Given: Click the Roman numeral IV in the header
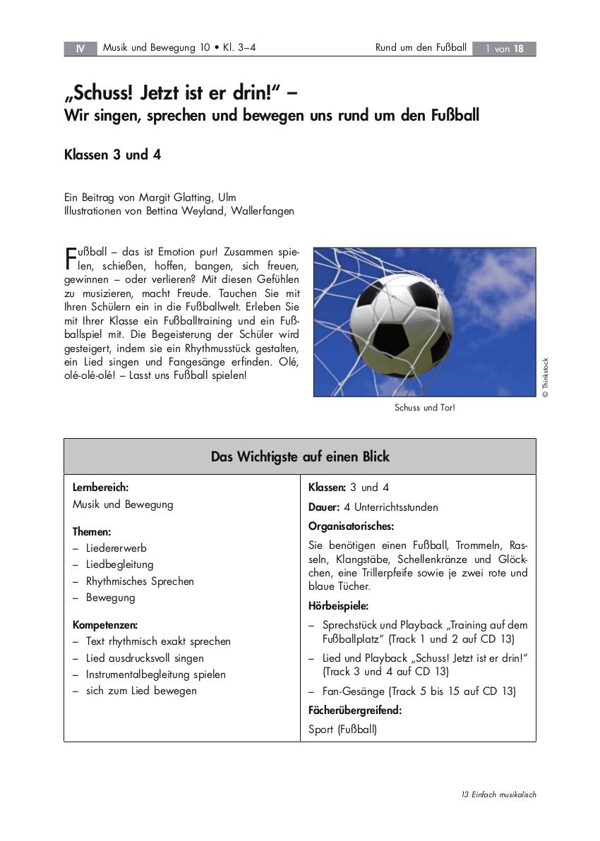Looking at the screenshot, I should [80, 49].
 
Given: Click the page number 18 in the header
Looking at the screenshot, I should [519, 49].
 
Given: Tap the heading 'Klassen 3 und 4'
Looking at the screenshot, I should [113, 155].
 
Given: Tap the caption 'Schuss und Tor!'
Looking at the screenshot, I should [424, 408].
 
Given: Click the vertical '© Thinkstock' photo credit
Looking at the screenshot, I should [545, 377].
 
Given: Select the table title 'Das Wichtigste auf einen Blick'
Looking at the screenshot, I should [300, 456].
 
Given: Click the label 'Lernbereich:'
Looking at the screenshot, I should [100, 488].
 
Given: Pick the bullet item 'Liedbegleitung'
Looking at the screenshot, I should [119, 564].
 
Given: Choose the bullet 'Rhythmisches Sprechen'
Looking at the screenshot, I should [140, 581].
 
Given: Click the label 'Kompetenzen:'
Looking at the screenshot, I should [105, 624].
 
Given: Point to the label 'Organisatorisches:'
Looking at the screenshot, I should [351, 526].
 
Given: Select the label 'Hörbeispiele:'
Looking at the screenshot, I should [339, 605].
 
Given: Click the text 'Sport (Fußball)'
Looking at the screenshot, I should [343, 730].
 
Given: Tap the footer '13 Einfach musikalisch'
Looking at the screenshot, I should [499, 794].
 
